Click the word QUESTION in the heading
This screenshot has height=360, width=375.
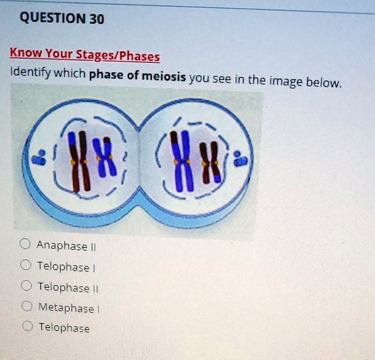point(51,19)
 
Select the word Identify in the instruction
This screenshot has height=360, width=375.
point(29,73)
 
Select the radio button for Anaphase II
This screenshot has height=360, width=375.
point(25,245)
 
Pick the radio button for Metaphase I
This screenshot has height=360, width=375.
point(28,306)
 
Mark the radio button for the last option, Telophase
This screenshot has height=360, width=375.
point(28,326)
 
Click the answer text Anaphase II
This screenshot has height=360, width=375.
point(62,246)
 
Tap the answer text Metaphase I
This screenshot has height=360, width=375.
point(67,308)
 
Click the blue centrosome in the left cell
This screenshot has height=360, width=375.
point(42,157)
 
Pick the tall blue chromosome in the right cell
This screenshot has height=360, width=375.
point(182,161)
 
